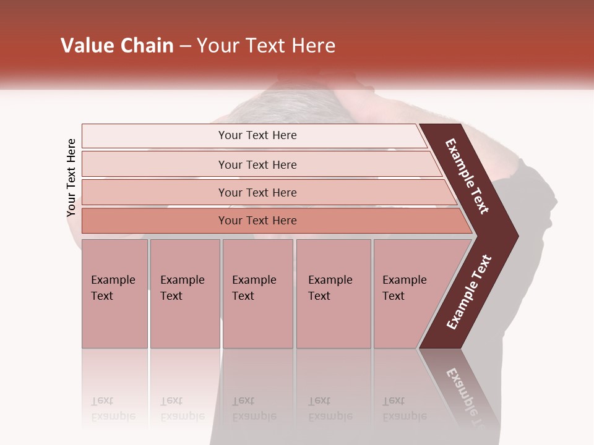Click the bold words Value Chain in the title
click(x=117, y=46)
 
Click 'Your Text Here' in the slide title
click(x=266, y=46)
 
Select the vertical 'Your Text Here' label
click(x=71, y=177)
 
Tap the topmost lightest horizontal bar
click(x=257, y=135)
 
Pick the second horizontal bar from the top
click(x=257, y=164)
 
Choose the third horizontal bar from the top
click(x=257, y=192)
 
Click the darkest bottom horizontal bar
click(x=257, y=221)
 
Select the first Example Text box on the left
click(x=114, y=294)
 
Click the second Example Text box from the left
click(x=185, y=294)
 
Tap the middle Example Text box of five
click(x=257, y=294)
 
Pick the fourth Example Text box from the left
click(x=334, y=294)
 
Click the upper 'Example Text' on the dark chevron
click(x=467, y=176)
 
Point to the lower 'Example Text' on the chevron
click(x=469, y=292)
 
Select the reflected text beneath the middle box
click(x=254, y=409)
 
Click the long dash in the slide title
click(x=185, y=46)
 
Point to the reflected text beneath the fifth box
click(x=405, y=409)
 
